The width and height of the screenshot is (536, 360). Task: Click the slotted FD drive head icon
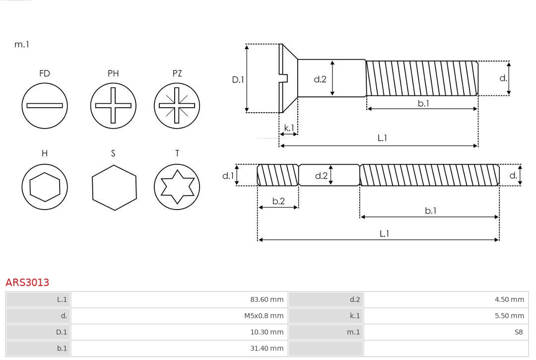click(x=45, y=105)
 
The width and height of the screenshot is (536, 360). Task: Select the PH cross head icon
click(x=113, y=105)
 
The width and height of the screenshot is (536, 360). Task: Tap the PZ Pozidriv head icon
click(x=177, y=105)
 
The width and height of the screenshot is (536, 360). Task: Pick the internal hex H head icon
click(x=45, y=187)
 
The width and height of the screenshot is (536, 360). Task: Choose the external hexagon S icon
click(x=114, y=187)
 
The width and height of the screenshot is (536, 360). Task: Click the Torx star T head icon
click(x=177, y=187)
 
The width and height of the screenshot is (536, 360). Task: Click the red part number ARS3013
click(x=27, y=283)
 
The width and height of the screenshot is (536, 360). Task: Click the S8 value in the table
click(x=518, y=332)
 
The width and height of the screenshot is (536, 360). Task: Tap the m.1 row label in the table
click(x=353, y=332)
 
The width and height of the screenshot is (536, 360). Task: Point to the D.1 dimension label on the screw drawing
click(x=238, y=79)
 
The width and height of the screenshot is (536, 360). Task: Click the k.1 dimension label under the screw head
click(x=288, y=128)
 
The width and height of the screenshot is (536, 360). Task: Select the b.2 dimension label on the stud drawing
click(x=278, y=201)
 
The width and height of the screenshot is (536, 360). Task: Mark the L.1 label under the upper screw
click(x=382, y=139)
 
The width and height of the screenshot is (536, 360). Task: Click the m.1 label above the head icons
click(x=22, y=45)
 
